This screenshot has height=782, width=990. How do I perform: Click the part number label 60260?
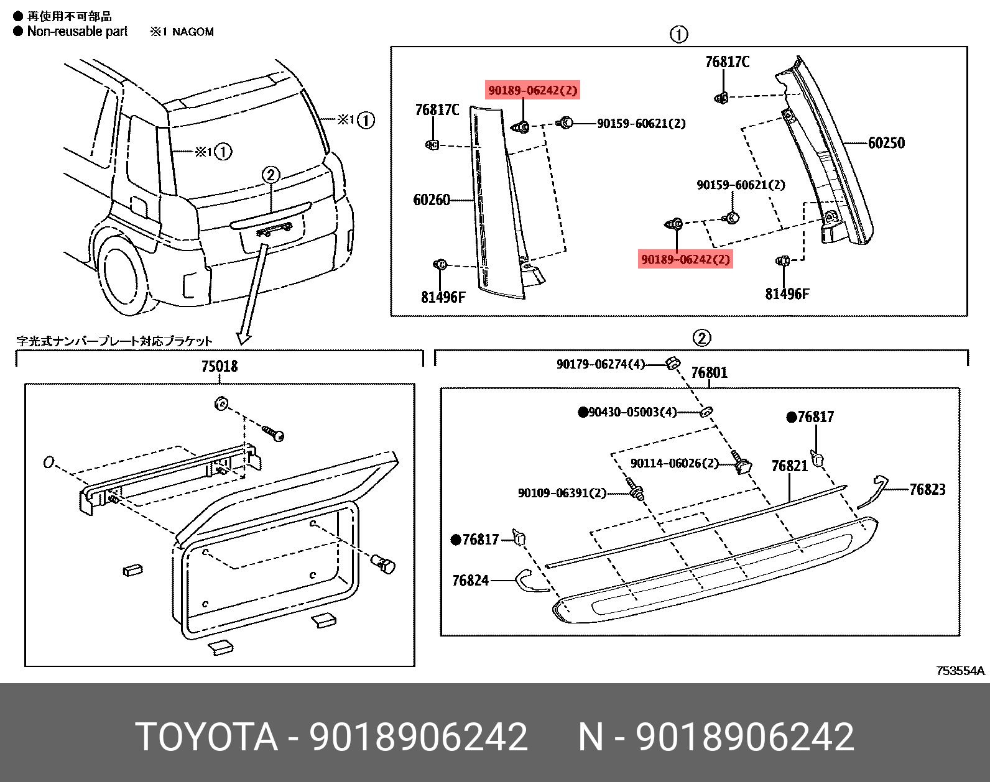click(x=431, y=200)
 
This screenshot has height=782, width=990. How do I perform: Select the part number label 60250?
click(x=886, y=143)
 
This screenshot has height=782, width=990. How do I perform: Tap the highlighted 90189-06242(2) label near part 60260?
click(x=533, y=91)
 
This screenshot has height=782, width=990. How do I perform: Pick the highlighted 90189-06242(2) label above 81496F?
click(x=685, y=259)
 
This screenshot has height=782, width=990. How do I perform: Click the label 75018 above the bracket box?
click(x=219, y=366)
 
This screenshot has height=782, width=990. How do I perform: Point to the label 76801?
click(x=709, y=373)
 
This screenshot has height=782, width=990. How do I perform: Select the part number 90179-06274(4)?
click(x=600, y=364)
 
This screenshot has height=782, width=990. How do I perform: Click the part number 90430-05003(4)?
click(x=631, y=412)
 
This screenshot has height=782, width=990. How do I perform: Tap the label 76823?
click(x=927, y=490)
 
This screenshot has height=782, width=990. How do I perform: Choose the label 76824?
click(x=470, y=581)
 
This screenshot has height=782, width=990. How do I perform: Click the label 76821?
click(x=789, y=466)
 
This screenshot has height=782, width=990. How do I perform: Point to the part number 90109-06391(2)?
click(x=562, y=493)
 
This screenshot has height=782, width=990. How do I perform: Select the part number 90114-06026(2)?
click(x=674, y=464)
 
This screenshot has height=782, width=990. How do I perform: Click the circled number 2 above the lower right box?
click(x=701, y=338)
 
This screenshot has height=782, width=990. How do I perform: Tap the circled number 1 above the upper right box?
click(x=678, y=34)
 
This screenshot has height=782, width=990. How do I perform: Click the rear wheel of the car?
click(x=121, y=274)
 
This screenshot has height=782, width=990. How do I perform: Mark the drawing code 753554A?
click(x=960, y=671)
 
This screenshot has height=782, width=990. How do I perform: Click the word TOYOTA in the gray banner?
click(x=206, y=737)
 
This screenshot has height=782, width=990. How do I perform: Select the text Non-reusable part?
click(x=77, y=32)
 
